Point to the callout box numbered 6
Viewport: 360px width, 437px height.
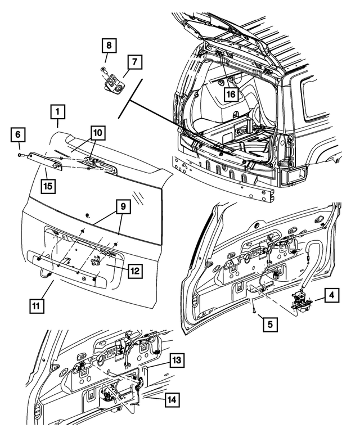17,135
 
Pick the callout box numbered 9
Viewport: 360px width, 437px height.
123,207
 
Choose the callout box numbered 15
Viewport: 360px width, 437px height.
48,184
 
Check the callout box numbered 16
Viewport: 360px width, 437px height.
231,94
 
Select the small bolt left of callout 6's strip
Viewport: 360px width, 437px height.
20,154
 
